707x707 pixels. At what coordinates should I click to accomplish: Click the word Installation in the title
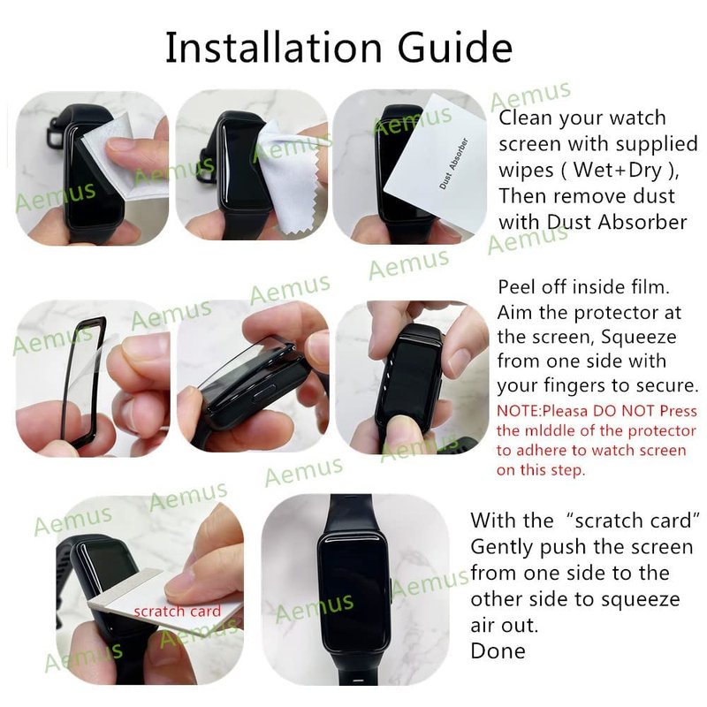click(x=274, y=47)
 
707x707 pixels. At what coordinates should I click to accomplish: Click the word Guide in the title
click(x=455, y=47)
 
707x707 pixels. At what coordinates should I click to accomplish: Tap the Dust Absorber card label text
click(x=453, y=163)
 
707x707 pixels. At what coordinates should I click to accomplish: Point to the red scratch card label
click(x=178, y=611)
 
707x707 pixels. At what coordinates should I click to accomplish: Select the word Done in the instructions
click(x=498, y=650)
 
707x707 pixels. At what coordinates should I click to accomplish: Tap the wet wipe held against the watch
click(x=121, y=158)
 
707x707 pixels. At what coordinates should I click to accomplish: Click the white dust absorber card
click(x=435, y=164)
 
